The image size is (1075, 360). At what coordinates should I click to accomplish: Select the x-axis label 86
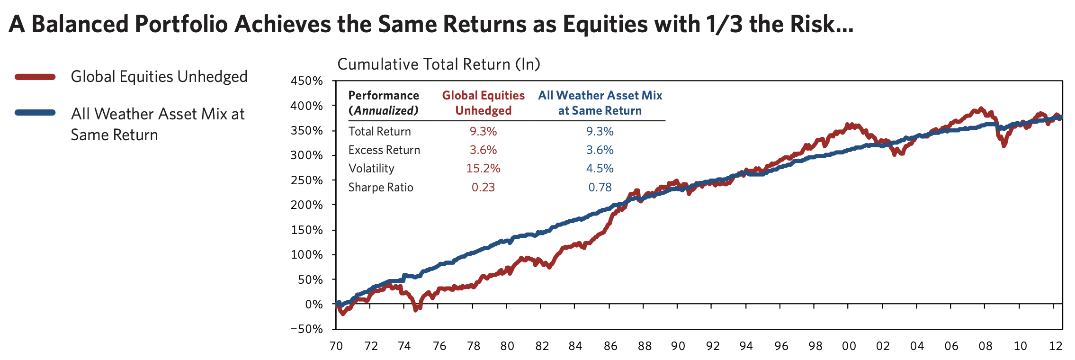610,346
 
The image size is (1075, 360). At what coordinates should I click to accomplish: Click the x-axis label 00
849,346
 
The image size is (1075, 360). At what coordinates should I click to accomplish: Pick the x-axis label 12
1056,346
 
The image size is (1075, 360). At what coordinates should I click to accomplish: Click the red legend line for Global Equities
35,77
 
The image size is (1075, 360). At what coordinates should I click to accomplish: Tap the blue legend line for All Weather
35,113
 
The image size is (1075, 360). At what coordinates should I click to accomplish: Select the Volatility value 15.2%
483,169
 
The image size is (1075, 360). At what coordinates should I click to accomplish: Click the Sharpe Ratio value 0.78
600,188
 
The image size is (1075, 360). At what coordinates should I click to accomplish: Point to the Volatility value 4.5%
600,169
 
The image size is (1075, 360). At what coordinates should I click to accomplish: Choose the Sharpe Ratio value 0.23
483,188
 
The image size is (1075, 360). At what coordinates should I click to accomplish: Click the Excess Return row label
384,150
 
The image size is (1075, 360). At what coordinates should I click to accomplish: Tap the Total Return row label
379,132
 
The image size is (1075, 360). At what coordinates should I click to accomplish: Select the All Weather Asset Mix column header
600,103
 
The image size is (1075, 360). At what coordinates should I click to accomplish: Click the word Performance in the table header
384,96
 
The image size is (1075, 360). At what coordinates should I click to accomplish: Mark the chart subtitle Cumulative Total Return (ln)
439,64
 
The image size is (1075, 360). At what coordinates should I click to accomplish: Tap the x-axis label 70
336,346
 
